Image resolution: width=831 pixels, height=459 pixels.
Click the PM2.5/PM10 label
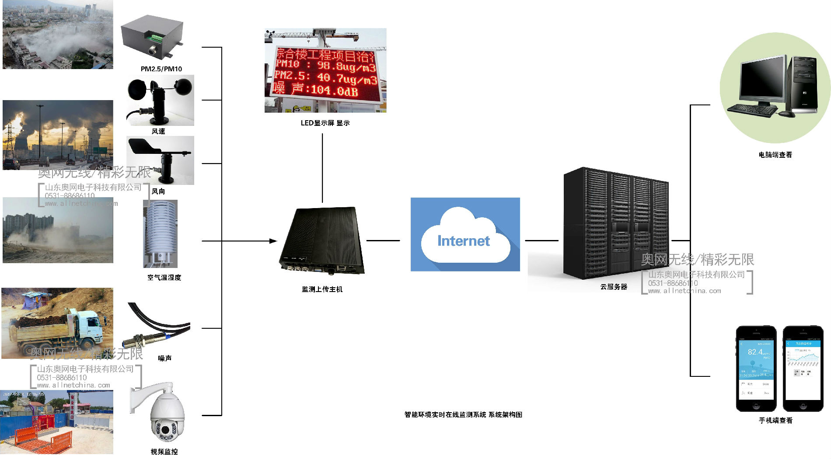161,69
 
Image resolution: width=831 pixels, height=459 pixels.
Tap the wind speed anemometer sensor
160,98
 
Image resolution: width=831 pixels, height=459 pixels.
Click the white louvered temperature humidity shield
161,232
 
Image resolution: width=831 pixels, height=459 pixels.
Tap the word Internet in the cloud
464,241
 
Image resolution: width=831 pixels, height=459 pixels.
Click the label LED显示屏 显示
325,123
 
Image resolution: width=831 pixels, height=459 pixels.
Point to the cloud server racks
616,223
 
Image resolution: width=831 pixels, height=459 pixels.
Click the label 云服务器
614,287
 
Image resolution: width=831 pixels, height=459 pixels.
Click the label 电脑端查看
775,155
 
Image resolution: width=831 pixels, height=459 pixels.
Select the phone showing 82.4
756,368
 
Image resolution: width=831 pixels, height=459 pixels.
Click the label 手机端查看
775,421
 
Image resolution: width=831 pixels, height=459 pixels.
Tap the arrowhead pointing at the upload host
273,241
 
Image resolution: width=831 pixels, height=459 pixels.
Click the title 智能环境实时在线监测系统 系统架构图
463,415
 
